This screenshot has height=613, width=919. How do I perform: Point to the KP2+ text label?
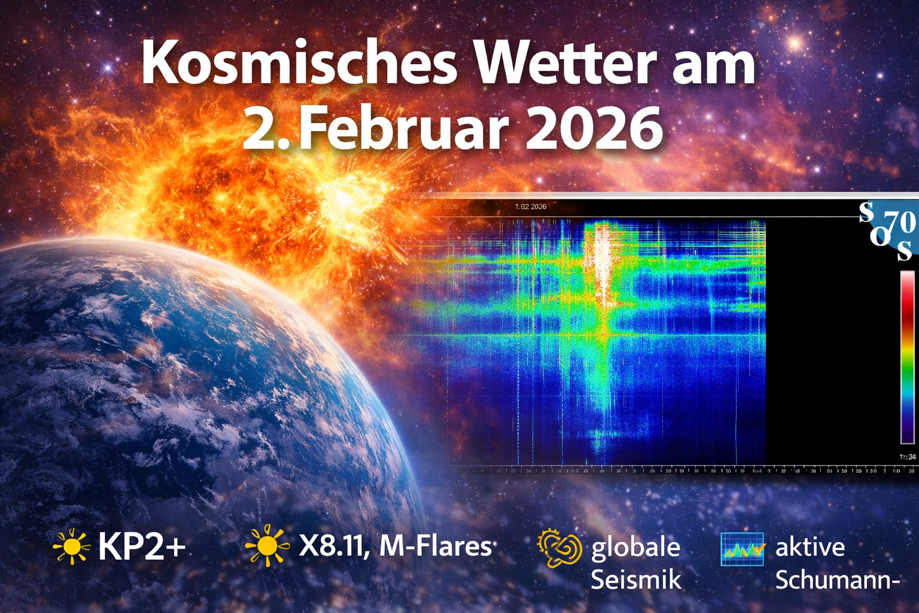point(142,547)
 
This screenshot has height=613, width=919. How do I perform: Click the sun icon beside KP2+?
point(71,546)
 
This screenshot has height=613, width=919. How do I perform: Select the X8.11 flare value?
point(333,547)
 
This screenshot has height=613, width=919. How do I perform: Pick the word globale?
point(635,548)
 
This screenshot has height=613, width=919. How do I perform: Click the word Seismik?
point(635,579)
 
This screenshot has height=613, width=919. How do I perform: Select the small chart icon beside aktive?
point(742,549)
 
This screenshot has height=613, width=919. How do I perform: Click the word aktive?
point(810,547)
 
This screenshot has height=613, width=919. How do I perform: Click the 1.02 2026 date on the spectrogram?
point(531,207)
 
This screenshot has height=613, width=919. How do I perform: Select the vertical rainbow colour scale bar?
point(908,357)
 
